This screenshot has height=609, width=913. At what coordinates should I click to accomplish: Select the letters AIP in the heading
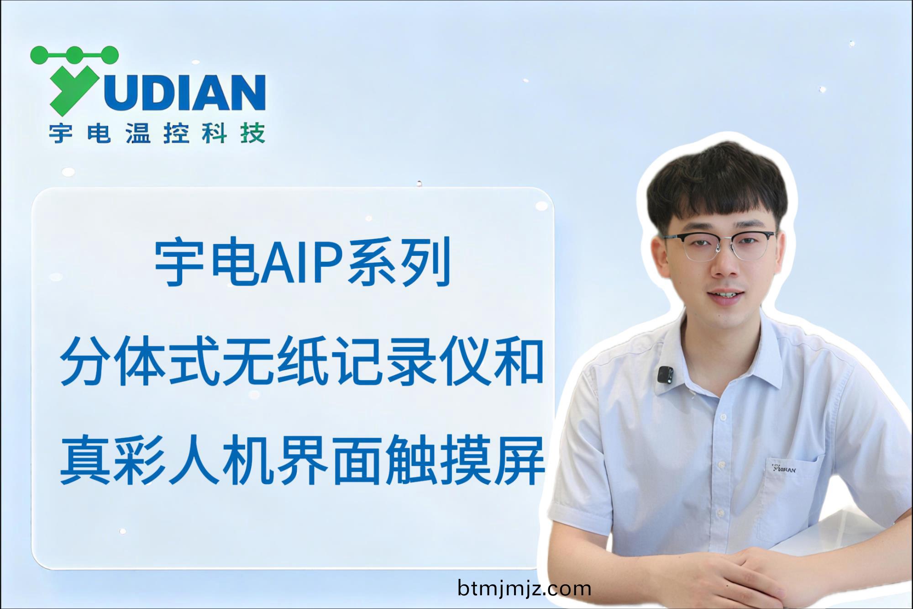pyautogui.click(x=302, y=264)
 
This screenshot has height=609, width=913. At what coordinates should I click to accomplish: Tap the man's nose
pyautogui.click(x=726, y=265)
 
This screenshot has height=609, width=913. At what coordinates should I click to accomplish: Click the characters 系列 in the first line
pyautogui.click(x=399, y=264)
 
